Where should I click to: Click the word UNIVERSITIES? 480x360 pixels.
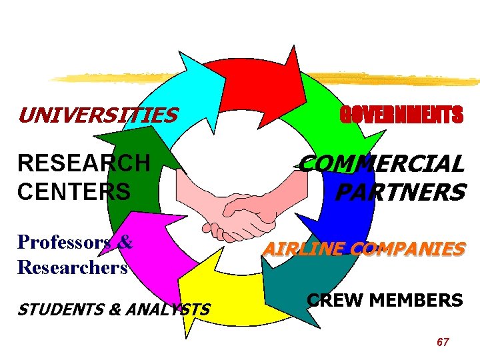[97, 116]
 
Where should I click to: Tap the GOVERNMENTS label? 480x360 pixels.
[401, 116]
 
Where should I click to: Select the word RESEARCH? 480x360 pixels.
[84, 163]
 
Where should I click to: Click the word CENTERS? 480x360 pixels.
[74, 191]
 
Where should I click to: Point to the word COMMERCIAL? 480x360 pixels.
[381, 163]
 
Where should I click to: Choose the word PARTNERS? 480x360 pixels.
[399, 193]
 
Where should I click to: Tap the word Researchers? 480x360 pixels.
[73, 267]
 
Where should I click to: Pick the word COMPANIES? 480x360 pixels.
[407, 249]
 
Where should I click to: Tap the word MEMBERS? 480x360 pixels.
[415, 300]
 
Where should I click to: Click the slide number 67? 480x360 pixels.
[443, 342]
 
